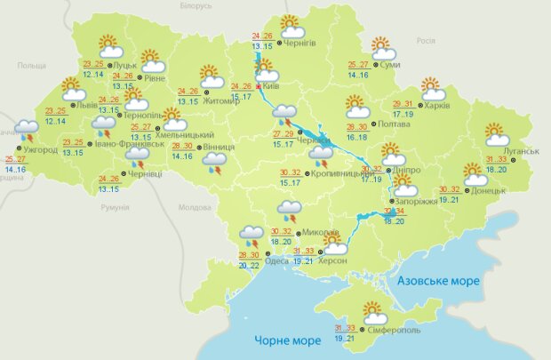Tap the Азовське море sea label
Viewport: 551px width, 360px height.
(x=440, y=280)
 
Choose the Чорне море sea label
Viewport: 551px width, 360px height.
(x=286, y=340)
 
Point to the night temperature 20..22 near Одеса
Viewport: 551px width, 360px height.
(x=250, y=264)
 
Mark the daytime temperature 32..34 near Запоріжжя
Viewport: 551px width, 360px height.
(x=393, y=212)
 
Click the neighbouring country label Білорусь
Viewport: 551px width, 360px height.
(x=195, y=5)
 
